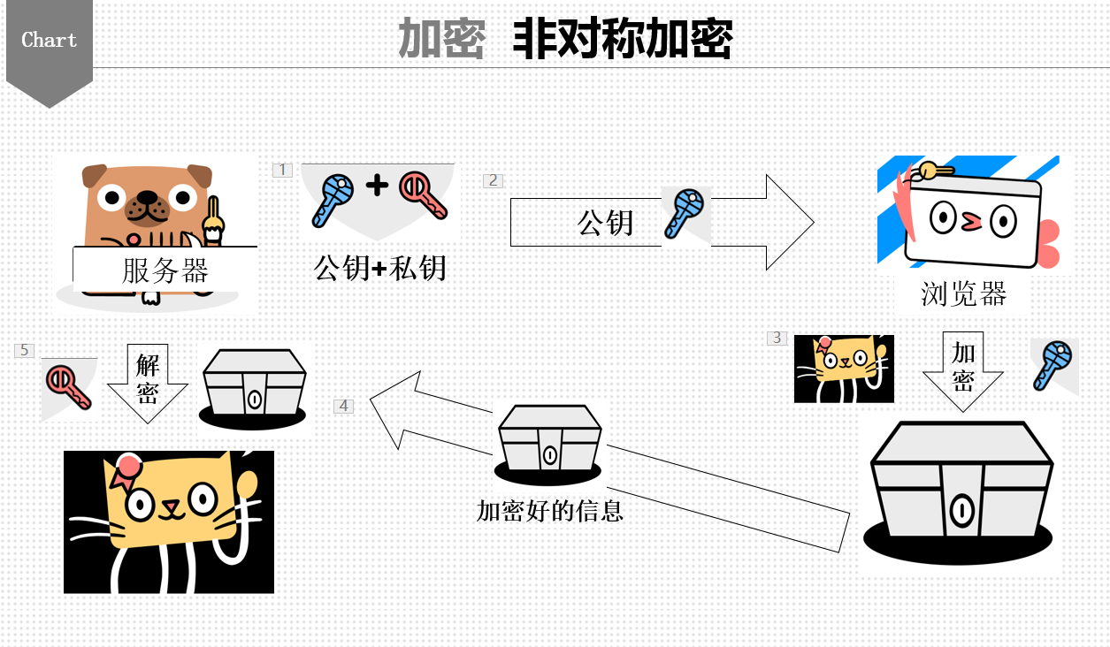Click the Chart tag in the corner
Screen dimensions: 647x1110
click(50, 41)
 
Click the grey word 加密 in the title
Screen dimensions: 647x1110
click(441, 39)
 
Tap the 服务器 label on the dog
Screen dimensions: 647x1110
click(165, 270)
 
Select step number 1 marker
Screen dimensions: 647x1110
click(283, 169)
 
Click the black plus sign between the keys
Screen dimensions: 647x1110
click(378, 186)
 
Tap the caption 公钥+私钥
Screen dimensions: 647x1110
click(379, 267)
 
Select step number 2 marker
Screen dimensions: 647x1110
click(493, 180)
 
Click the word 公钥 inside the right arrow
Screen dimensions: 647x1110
click(606, 222)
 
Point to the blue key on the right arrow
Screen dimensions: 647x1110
click(685, 212)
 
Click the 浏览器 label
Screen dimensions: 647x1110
click(963, 293)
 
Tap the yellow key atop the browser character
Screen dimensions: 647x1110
click(934, 170)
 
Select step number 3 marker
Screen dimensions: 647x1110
click(777, 338)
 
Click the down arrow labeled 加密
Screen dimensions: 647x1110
click(962, 371)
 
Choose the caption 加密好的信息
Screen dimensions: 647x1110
click(550, 510)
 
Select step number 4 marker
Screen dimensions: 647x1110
click(344, 406)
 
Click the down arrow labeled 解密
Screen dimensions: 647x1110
click(147, 382)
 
